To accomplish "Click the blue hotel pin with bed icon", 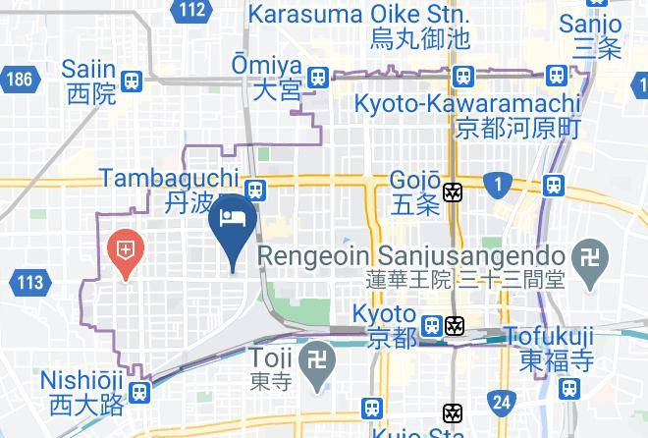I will pos(234,224).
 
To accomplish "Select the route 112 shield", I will pos(192,11).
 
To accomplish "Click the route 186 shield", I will pos(17,78).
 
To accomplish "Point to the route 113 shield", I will pos(29,283).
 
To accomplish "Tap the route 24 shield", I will pos(502,401).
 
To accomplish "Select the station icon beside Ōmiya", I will pos(317,77).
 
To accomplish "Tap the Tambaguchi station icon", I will pos(254,187).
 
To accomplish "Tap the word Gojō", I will pos(414,181).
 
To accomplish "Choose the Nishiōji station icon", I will pos(139,393).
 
